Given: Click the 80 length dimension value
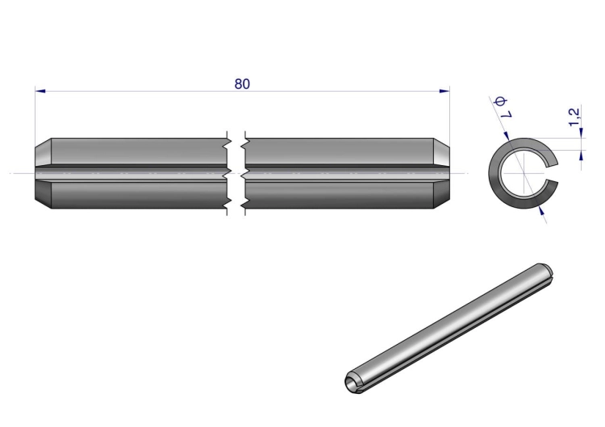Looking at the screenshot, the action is tap(242, 84).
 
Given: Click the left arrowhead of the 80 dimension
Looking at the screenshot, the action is tap(40, 91).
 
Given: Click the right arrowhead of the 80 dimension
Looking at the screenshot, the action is tap(444, 91).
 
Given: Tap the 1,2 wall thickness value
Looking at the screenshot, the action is tap(574, 116).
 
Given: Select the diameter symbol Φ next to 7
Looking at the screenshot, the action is tap(501, 102).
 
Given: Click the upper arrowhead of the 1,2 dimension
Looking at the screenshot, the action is tap(582, 133).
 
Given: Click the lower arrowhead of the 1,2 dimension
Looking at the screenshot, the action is tap(582, 155).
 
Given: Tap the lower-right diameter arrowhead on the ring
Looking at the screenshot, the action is tap(541, 210).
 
